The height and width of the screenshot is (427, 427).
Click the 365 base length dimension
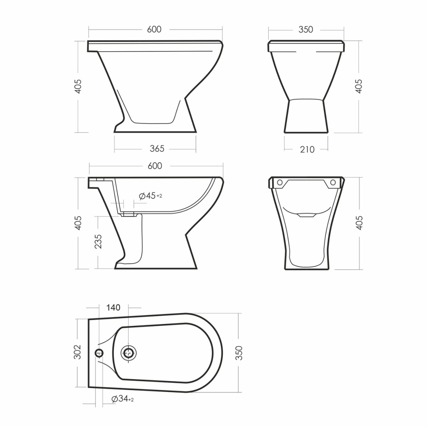pyautogui.click(x=157, y=149)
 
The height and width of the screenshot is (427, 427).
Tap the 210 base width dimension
pyautogui.click(x=307, y=149)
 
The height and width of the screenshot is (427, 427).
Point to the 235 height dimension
pyautogui.click(x=98, y=241)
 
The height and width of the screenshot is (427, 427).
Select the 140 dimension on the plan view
pyautogui.click(x=113, y=308)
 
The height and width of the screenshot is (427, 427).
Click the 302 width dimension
pyautogui.click(x=78, y=352)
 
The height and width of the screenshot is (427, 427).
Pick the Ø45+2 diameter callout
pyautogui.click(x=150, y=196)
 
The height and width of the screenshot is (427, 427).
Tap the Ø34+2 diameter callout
pyautogui.click(x=123, y=399)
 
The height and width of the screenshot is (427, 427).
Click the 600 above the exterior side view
pyautogui.click(x=154, y=30)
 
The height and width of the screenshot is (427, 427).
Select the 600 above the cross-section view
pyautogui.click(x=155, y=166)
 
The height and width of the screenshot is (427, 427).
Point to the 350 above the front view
pyautogui.click(x=306, y=30)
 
